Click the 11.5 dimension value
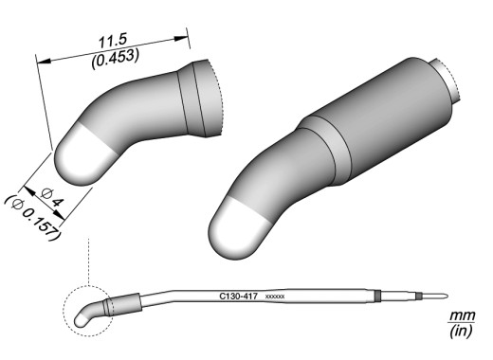[113, 42]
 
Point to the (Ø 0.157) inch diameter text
[33, 218]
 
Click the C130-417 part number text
[239, 297]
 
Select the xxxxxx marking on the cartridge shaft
[275, 297]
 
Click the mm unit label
[463, 315]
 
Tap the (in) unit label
[462, 331]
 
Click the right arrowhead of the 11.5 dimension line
[181, 39]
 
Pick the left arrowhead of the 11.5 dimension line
[44, 61]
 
